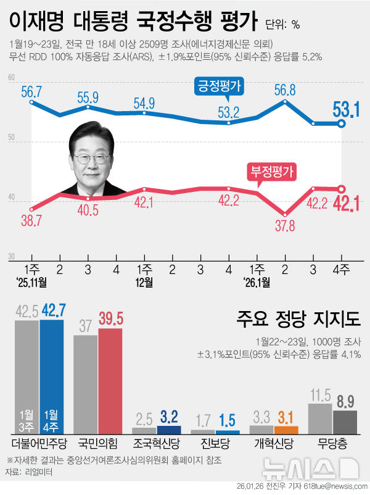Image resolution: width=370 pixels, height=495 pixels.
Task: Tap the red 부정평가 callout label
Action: point(272,170)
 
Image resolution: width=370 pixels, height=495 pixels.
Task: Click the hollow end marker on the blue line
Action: point(342,123)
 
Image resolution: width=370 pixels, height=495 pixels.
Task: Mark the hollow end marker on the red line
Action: point(342,189)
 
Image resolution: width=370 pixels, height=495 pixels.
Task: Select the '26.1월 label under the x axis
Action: point(256,283)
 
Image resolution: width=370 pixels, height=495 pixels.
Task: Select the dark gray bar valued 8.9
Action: point(345,422)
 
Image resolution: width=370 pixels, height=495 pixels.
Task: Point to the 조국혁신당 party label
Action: point(157,444)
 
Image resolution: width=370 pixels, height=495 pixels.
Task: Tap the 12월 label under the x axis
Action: point(144,283)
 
